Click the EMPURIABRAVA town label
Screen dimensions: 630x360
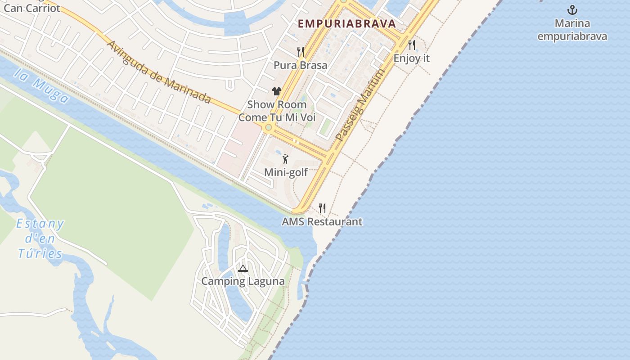[x=346, y=23]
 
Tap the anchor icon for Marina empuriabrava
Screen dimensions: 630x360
[x=572, y=10]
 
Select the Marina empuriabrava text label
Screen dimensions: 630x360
[x=572, y=30]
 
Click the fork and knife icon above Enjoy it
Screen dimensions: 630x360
[x=411, y=45]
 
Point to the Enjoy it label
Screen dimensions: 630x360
[x=411, y=58]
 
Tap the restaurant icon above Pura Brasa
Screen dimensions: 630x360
[x=300, y=52]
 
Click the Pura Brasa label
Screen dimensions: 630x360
[x=300, y=65]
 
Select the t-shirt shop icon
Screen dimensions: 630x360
[x=276, y=91]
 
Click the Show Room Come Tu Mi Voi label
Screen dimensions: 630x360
[x=277, y=111]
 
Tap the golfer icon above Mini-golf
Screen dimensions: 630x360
[x=285, y=158]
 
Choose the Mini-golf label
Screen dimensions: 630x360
[x=286, y=172]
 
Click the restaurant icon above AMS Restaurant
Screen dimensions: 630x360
[x=322, y=208]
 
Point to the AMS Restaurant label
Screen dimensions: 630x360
[x=322, y=221]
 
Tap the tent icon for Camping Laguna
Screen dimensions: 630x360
[x=243, y=269]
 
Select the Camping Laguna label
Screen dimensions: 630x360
[x=243, y=281]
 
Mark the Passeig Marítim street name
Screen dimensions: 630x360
[x=360, y=105]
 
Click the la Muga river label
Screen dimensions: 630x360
[x=41, y=85]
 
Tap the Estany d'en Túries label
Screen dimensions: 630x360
[x=40, y=238]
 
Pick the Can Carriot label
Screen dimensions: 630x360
[x=31, y=8]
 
